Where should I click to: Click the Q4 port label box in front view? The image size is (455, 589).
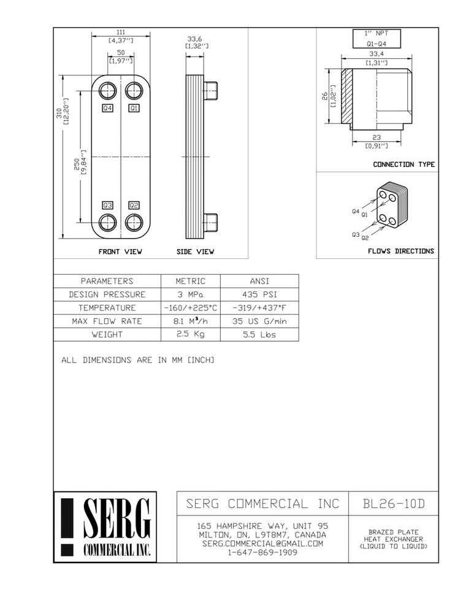coord(108,108)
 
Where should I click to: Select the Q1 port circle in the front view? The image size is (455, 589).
coord(134,90)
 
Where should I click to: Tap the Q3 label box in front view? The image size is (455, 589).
coord(108,205)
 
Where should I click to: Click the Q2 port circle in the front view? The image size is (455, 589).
coord(134,221)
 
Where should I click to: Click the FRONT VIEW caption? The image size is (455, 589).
coord(121,252)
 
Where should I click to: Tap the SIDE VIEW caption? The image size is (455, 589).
coord(196,252)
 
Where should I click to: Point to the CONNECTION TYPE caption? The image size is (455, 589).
coord(404,164)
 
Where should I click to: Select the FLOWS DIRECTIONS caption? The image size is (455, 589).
coord(401,251)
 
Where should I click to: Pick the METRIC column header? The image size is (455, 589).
coord(190,281)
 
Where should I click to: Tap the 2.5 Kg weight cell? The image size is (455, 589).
coord(190,334)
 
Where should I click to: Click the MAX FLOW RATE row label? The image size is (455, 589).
coord(107,321)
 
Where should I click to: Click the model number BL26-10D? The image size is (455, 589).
coord(393,504)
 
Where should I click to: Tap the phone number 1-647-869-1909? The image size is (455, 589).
coord(262,552)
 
